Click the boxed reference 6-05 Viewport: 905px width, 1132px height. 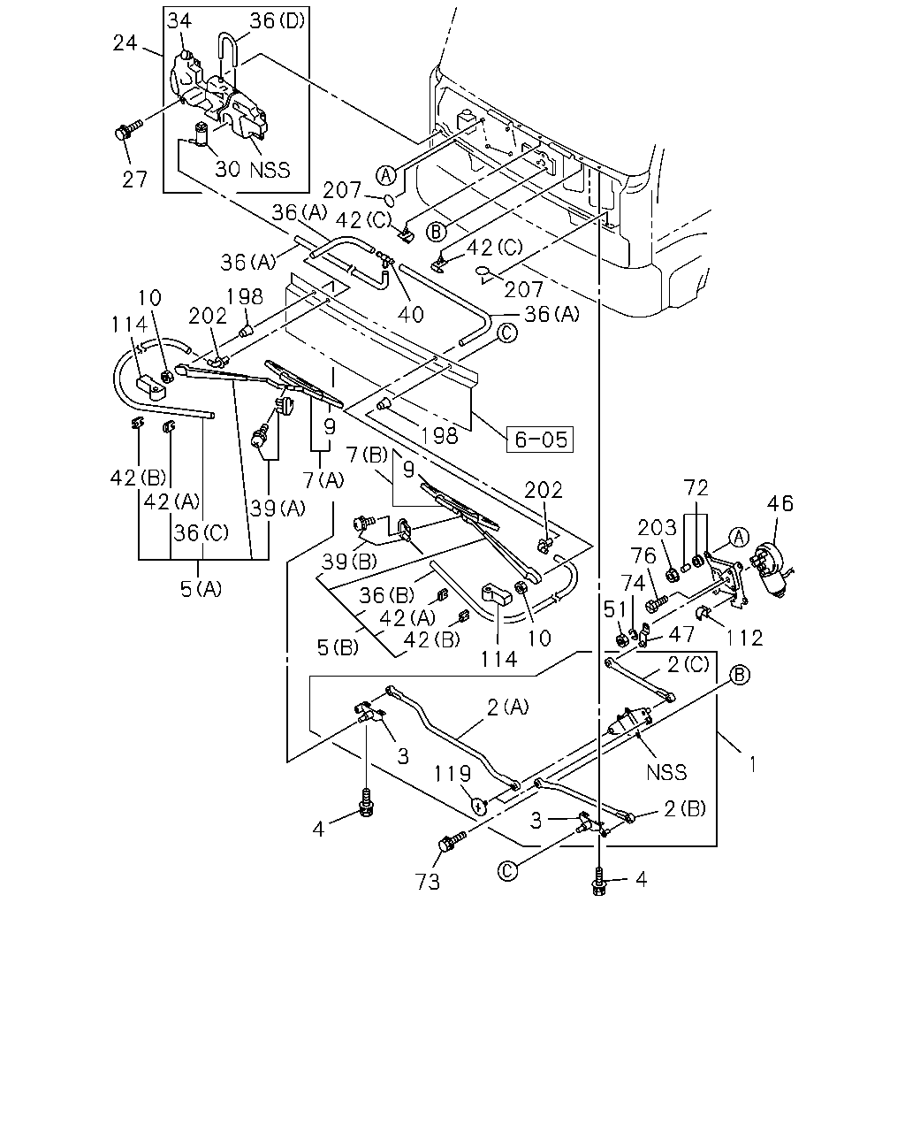coord(539,440)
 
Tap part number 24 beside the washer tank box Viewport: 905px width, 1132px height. coord(125,42)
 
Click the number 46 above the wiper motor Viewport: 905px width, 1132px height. coord(780,503)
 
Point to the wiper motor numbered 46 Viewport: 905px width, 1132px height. coord(771,571)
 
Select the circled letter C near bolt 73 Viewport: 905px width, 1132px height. coord(507,871)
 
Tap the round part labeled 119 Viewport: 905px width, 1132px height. coord(479,806)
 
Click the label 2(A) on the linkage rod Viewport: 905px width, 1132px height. coord(507,707)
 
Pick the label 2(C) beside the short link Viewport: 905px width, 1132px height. coord(688,665)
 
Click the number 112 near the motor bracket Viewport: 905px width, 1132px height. coord(744,638)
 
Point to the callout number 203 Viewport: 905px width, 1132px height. coord(658,527)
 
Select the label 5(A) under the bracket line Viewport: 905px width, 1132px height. coord(201,589)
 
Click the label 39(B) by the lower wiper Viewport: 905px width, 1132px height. coord(349,562)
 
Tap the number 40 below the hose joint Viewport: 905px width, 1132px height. coord(410,315)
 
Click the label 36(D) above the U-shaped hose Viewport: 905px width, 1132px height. coord(278,20)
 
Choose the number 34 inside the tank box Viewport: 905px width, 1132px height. coord(179,20)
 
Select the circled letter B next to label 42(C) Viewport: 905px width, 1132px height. coord(436,232)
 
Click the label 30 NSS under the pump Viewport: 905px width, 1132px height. coord(253,170)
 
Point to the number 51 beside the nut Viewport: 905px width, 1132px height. coord(615,609)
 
